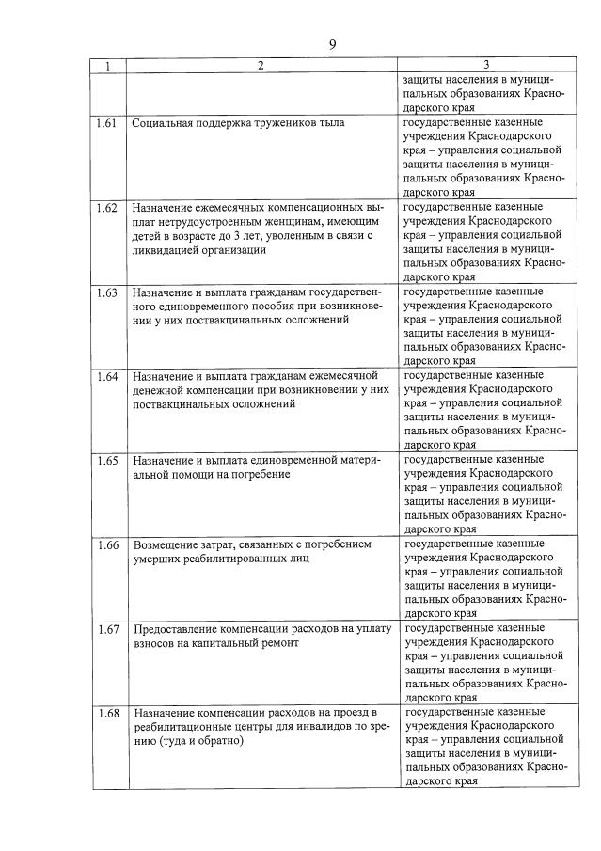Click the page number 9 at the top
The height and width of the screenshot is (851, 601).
tap(332, 43)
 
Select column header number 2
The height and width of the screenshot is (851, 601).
tap(261, 65)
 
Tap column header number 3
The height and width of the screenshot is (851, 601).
tap(485, 65)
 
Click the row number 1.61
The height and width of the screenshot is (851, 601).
tap(106, 122)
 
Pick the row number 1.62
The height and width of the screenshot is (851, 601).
tap(106, 207)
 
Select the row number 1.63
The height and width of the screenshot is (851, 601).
tap(106, 292)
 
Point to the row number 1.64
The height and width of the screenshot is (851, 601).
tap(106, 376)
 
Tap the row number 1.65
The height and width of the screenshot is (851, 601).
tap(106, 461)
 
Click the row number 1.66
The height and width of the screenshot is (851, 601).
tap(106, 545)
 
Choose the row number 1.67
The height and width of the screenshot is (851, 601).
tap(106, 629)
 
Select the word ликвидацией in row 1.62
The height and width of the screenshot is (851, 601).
tap(171, 250)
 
